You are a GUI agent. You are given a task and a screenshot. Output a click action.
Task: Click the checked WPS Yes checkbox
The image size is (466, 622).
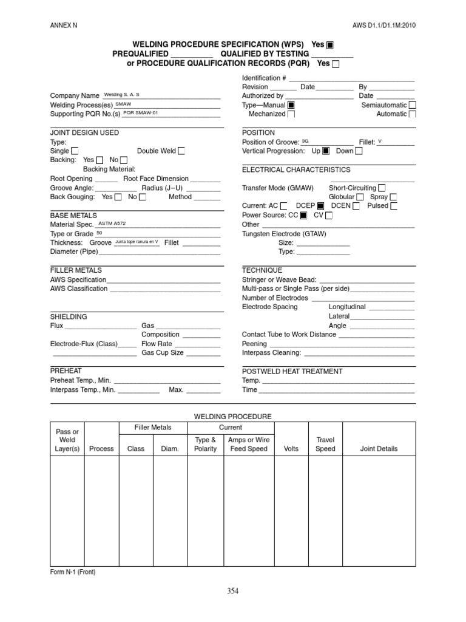[330, 45]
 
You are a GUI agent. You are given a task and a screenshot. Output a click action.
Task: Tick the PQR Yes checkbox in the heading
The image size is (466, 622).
[336, 64]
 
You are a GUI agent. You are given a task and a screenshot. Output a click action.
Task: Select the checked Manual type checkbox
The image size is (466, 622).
[291, 105]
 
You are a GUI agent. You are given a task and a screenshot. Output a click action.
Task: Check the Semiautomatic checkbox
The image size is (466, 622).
[412, 105]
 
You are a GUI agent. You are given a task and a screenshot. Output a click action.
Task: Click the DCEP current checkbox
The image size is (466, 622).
[320, 207]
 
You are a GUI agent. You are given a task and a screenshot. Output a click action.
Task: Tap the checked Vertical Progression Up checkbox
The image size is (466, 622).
[326, 151]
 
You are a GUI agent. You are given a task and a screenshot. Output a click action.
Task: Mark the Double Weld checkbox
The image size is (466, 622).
[181, 151]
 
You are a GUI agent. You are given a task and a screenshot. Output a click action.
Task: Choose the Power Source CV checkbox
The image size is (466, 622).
[329, 216]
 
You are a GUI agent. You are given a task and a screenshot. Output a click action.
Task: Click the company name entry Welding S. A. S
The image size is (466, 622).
[122, 95]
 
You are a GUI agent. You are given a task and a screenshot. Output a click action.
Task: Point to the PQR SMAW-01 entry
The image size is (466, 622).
[141, 113]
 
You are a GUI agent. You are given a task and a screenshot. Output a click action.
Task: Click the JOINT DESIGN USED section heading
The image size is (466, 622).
[84, 132]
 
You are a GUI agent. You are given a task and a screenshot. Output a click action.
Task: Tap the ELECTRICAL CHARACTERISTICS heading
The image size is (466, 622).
[296, 170]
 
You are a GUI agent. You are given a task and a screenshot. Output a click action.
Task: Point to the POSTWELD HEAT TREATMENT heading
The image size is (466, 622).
[292, 371]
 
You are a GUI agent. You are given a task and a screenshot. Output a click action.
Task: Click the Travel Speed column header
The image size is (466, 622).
[325, 444]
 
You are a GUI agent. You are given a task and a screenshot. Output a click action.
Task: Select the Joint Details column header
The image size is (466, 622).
[379, 449]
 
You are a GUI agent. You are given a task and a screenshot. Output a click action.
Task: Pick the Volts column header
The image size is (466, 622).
[291, 449]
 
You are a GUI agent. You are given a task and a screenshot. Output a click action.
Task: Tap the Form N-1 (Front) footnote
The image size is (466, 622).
[72, 572]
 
